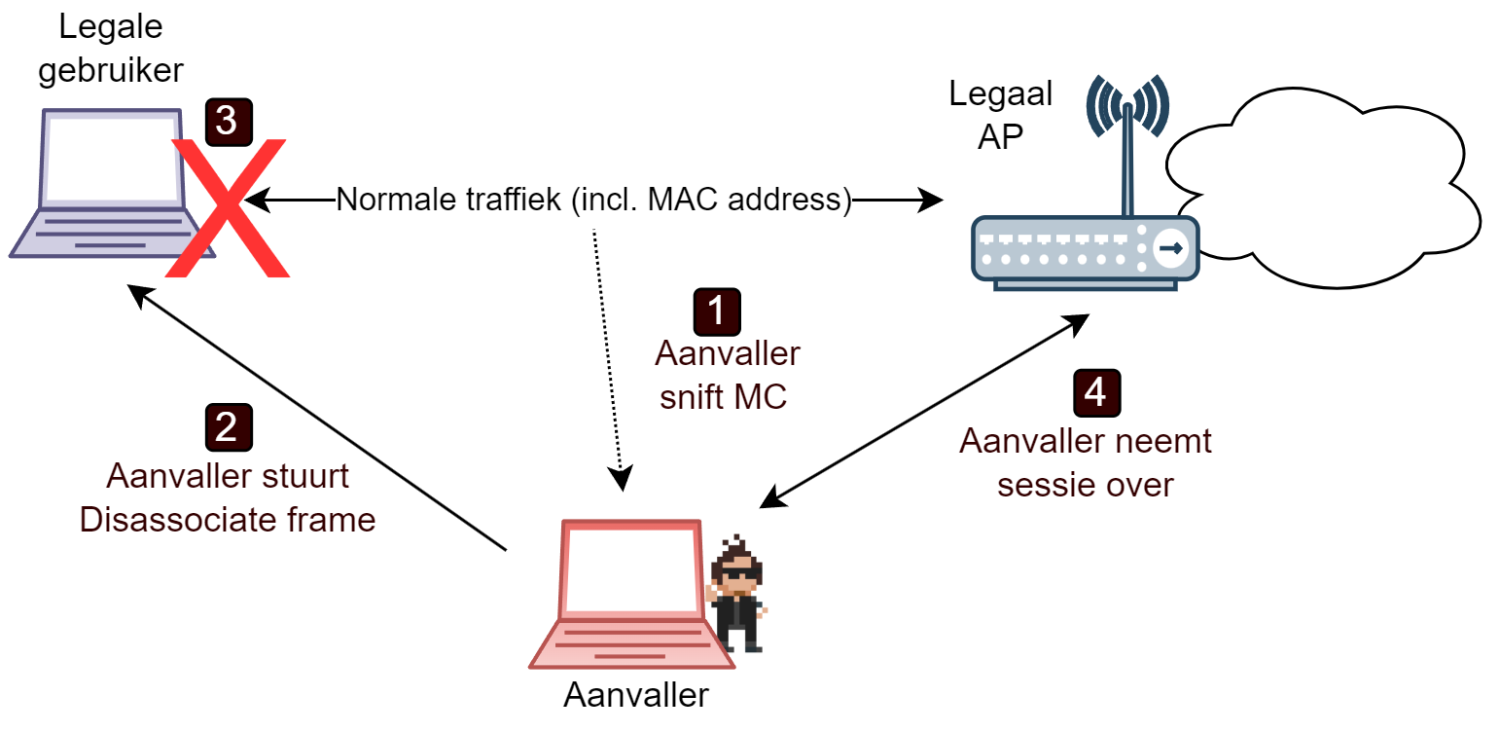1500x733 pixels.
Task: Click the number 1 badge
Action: coord(716,312)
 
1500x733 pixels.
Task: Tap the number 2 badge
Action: coord(228,428)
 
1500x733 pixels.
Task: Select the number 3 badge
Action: coord(228,122)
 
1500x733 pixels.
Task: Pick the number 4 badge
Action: coord(1096,392)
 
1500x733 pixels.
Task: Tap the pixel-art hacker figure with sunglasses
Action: coord(737,594)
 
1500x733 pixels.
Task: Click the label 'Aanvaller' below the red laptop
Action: coord(636,696)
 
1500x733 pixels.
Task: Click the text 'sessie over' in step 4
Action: coord(1085,484)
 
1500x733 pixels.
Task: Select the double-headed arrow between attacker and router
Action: coord(924,410)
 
